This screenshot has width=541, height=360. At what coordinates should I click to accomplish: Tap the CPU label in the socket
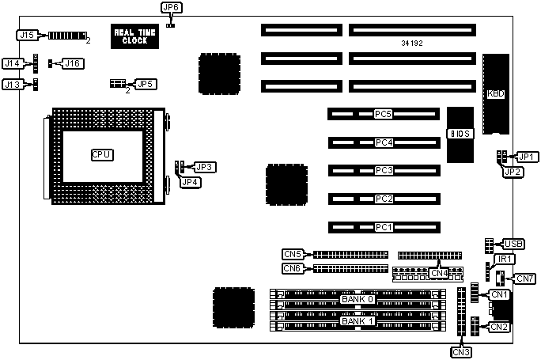101,153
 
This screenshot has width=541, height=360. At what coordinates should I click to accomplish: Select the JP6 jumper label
171,7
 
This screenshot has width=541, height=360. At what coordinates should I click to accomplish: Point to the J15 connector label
27,35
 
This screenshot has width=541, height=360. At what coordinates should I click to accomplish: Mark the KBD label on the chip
496,93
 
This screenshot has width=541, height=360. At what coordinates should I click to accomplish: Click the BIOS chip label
460,134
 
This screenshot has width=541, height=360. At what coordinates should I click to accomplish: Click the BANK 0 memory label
358,299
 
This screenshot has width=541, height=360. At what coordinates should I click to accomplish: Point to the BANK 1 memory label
358,320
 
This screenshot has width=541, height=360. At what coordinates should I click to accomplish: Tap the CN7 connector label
524,278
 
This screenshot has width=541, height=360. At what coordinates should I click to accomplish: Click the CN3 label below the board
462,351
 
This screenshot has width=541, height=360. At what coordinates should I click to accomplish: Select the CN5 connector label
293,254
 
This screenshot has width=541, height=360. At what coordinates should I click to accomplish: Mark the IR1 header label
504,259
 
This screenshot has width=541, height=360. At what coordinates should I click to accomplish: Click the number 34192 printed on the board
412,43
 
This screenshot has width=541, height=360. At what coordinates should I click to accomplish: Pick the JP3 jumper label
205,167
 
